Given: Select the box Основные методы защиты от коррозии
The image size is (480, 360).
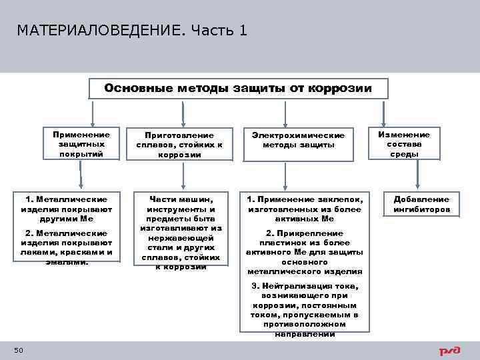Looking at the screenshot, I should [238, 89].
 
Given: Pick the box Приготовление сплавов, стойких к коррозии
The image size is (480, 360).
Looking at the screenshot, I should [179, 144].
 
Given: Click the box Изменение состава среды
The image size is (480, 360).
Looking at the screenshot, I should [404, 144].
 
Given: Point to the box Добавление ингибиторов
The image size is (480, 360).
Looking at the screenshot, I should [421, 204].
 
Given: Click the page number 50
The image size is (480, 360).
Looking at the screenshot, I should [18, 351].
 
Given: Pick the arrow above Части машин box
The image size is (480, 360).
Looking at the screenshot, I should [179, 176].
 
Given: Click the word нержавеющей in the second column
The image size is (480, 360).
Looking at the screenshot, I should [180, 237].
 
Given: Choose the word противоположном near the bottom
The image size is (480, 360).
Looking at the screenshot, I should [303, 324].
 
